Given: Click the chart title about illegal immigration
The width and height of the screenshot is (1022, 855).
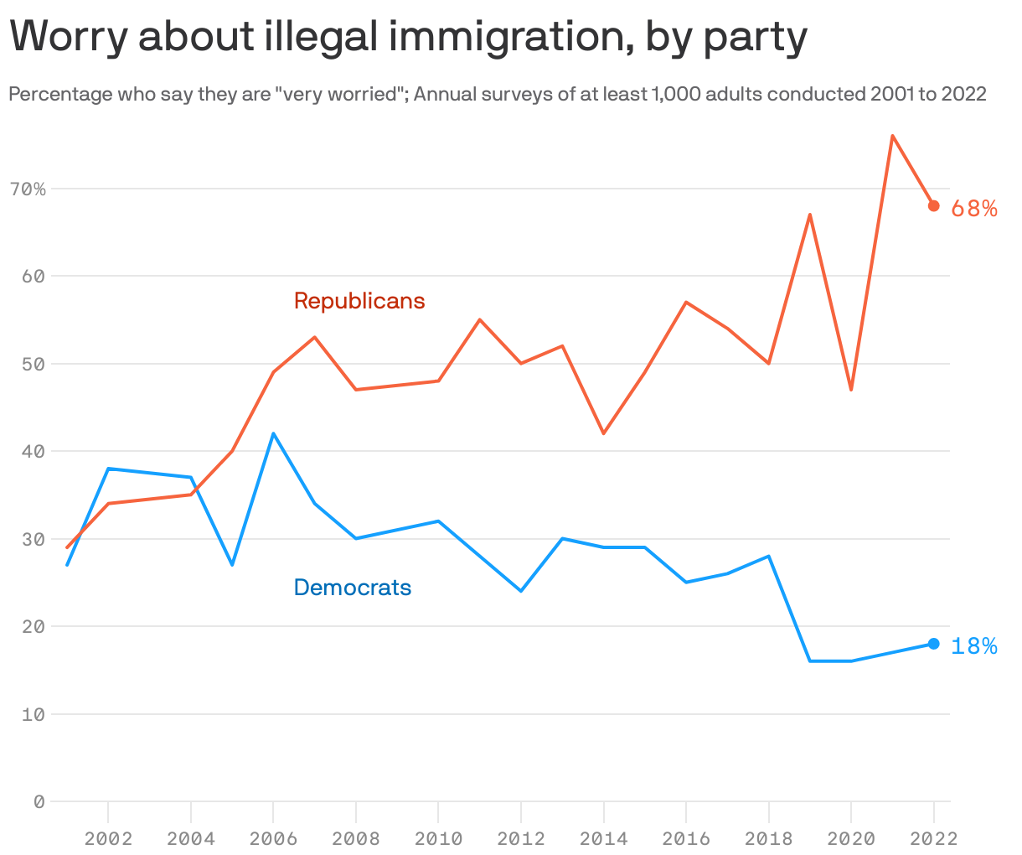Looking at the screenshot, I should click(408, 37).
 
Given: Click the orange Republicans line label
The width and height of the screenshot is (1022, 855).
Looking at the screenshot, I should click(359, 301).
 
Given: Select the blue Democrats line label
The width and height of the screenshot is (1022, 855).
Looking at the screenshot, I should click(353, 588).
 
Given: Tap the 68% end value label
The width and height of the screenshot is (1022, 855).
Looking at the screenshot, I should click(974, 209).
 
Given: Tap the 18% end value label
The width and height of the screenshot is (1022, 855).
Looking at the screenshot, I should click(974, 646).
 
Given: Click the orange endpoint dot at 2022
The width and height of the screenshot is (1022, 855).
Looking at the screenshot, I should click(933, 206).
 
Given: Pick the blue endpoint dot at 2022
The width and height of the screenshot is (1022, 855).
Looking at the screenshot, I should click(933, 644).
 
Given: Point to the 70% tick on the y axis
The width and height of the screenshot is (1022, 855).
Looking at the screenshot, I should click(28, 189).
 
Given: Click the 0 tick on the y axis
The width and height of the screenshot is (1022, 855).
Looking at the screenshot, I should click(39, 802).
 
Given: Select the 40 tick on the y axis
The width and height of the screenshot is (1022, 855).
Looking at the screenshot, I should click(33, 452).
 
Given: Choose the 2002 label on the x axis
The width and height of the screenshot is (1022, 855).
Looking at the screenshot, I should click(108, 838).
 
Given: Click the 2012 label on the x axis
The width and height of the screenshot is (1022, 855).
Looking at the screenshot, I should click(521, 838).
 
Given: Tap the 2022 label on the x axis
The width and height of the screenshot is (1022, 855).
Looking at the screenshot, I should click(933, 838).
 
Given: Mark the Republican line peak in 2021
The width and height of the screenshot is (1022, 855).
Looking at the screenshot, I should click(892, 136).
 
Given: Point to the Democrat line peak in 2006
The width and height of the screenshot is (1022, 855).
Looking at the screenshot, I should click(273, 434).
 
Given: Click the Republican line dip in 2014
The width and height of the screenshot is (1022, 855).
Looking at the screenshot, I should click(603, 433).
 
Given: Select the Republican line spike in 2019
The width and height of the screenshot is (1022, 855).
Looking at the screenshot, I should click(810, 215).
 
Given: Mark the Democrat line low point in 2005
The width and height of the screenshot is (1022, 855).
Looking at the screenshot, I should click(232, 564).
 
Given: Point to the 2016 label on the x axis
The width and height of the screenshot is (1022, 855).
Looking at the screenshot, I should click(685, 838).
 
